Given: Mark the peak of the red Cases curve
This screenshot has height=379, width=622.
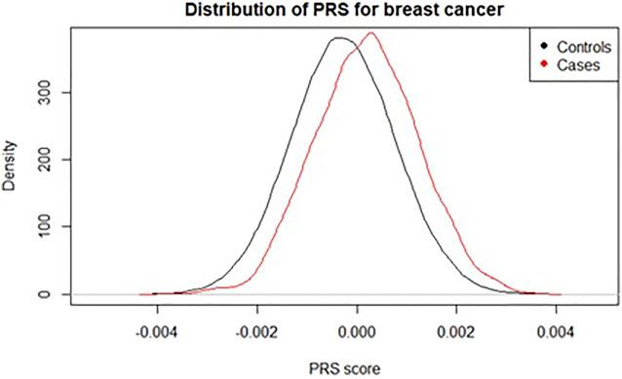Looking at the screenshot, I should tap(370, 33).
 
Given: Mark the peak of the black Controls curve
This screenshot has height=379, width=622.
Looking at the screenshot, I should tap(338, 38).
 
